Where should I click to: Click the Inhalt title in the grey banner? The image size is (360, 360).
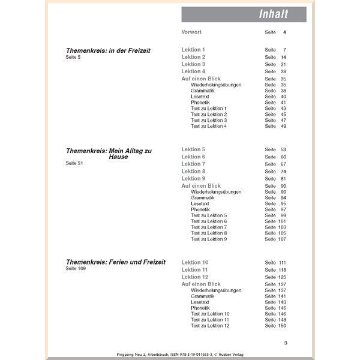point(273,14)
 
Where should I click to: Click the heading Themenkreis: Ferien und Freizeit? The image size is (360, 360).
point(115,262)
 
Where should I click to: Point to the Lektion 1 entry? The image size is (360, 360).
point(193,50)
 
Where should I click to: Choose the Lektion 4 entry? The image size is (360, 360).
point(193,71)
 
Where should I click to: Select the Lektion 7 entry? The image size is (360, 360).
point(193,164)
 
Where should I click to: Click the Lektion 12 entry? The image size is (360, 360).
point(195,277)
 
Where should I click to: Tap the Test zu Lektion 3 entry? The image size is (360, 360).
point(209,120)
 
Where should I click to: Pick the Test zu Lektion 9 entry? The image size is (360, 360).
point(209,239)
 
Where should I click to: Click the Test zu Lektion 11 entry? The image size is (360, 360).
point(210,319)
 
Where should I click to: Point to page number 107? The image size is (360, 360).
point(282,239)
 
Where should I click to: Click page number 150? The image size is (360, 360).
point(282,326)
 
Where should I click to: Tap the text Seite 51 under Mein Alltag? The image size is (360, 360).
point(73,163)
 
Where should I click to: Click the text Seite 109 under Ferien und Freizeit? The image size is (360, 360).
point(75,269)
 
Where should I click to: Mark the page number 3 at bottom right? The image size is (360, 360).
point(286,342)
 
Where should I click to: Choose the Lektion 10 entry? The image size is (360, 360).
point(195,263)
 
